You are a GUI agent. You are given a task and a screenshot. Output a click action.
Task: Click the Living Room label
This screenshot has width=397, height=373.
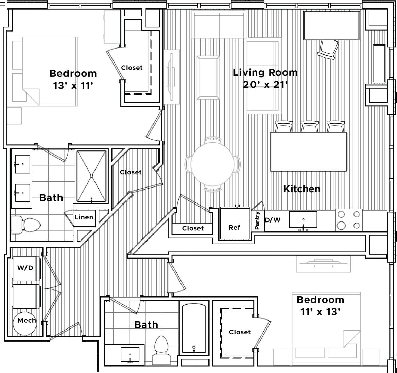265,73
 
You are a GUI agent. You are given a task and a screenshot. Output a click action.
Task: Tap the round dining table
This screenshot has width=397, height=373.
212,164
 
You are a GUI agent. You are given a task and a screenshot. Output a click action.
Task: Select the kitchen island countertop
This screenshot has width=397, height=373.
308,152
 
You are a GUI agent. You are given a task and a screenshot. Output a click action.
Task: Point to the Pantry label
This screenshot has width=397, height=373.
257,220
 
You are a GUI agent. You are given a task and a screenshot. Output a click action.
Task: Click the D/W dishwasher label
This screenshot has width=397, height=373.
273,220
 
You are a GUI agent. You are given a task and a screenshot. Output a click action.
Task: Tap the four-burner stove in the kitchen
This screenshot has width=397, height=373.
349,220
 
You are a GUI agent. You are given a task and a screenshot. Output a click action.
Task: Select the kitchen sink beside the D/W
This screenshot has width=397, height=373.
303,219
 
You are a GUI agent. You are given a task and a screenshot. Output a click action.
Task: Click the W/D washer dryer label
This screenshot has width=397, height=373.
25,268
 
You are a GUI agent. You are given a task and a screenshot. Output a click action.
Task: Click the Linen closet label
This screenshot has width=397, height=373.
84,217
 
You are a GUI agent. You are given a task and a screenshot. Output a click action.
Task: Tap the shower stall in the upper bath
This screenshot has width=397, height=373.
91,176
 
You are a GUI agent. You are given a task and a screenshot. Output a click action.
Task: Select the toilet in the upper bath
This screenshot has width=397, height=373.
27,224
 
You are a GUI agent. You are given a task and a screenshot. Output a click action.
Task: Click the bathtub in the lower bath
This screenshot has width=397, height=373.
194,328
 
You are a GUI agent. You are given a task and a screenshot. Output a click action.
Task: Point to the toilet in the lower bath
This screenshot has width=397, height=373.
161,350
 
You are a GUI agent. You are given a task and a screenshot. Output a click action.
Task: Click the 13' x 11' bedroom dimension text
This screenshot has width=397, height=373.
73,86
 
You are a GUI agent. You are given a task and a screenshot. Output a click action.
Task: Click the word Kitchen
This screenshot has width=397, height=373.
301,189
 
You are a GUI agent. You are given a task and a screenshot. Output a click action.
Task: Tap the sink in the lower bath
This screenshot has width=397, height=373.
130,355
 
